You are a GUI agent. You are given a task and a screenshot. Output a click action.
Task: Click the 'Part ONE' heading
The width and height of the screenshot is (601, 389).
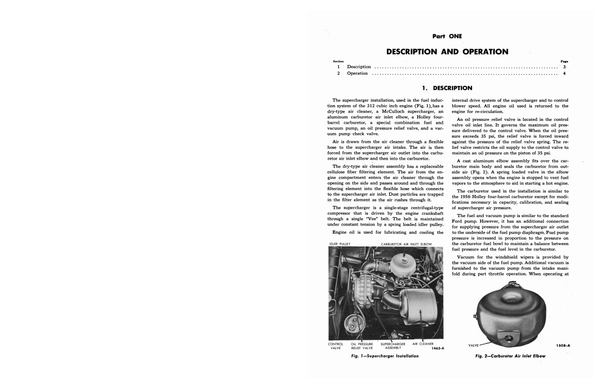click(447, 36)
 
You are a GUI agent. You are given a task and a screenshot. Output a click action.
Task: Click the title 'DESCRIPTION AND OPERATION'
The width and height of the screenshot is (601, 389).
click(447, 52)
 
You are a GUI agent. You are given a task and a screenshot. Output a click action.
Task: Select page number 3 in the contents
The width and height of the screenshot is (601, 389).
click(565, 67)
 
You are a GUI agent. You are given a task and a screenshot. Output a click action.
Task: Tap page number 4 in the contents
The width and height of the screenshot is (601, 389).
click(565, 74)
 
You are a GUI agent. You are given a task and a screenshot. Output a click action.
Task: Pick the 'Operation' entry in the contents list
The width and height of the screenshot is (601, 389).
click(357, 74)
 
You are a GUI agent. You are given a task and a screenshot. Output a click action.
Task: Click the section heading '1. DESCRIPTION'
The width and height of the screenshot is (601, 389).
click(447, 88)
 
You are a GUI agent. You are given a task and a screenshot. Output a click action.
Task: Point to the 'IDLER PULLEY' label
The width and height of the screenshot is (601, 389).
click(339, 244)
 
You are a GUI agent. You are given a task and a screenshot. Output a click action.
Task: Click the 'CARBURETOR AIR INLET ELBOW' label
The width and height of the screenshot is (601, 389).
click(406, 244)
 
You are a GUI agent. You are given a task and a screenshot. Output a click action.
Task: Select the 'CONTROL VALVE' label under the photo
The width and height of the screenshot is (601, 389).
click(335, 346)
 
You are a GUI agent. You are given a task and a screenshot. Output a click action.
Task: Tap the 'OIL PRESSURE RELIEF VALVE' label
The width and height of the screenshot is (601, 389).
click(362, 346)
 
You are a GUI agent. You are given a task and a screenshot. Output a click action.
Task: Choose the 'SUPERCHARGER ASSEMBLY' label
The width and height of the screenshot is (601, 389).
click(392, 346)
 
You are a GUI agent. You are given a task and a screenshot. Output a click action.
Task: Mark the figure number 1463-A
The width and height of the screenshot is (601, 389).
click(437, 349)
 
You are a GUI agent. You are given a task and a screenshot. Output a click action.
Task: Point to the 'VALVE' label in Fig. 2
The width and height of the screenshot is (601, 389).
click(475, 345)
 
